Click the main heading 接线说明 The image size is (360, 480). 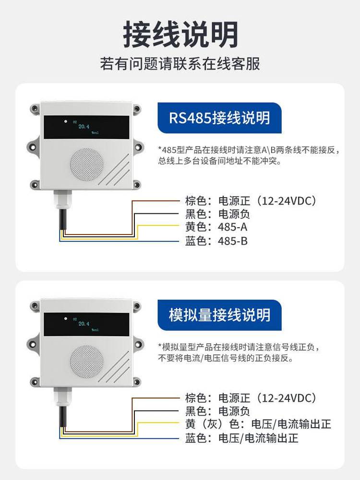(x=180, y=35)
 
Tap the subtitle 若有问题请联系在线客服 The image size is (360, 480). (x=180, y=64)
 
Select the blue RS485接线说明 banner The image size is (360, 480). (x=219, y=118)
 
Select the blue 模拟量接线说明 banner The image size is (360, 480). (x=219, y=315)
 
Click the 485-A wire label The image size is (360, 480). (x=216, y=227)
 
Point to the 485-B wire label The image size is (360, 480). (x=216, y=241)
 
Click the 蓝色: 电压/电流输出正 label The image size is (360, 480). (x=242, y=438)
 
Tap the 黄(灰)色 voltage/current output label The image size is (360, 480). (x=258, y=424)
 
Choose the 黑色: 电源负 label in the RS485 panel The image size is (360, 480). (x=217, y=214)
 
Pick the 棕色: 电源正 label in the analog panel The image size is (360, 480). (x=250, y=398)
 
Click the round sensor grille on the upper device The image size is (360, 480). (x=87, y=164)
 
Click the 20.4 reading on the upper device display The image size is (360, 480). (x=84, y=127)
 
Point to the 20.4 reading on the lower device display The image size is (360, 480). (x=84, y=324)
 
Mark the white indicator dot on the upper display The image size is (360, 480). (x=65, y=121)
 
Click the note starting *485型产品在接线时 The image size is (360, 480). (x=249, y=155)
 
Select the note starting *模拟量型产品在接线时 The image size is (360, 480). (x=239, y=352)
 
